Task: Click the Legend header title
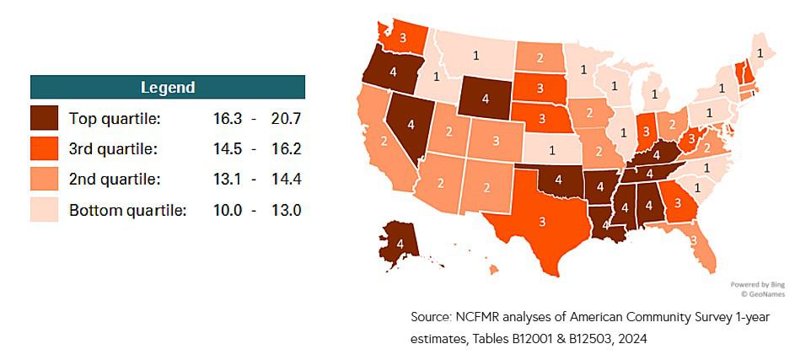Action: tap(168, 87)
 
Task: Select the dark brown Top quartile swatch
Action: tap(44, 119)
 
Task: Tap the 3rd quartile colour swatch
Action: tap(44, 149)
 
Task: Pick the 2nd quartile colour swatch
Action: tap(44, 180)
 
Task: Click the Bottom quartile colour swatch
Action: tap(44, 210)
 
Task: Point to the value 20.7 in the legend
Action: tap(286, 119)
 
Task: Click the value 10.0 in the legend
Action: tap(230, 210)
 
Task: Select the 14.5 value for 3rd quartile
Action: tap(230, 149)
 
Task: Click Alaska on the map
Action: tap(400, 244)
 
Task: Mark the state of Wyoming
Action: tap(486, 99)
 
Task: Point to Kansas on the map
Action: tap(552, 151)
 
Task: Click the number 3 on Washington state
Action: tap(403, 38)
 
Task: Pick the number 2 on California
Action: tap(384, 141)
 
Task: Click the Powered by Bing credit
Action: tap(745, 285)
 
